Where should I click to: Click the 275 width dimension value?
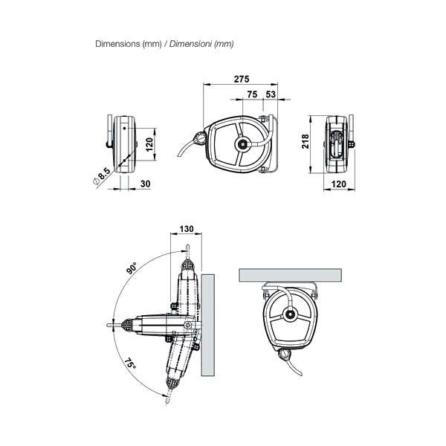pyautogui.click(x=242, y=79)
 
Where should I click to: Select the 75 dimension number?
pyautogui.click(x=252, y=94)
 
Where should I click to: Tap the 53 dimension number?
pyautogui.click(x=271, y=94)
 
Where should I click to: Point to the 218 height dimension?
pyautogui.click(x=305, y=141)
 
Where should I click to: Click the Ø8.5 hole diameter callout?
pyautogui.click(x=102, y=176)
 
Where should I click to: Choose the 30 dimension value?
pyautogui.click(x=146, y=184)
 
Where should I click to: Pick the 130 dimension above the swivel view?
pyautogui.click(x=187, y=229)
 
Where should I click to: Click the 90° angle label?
pyautogui.click(x=132, y=268)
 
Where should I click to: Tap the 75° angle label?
pyautogui.click(x=129, y=363)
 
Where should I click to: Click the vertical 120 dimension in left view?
pyautogui.click(x=149, y=144)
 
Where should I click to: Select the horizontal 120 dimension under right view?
pyautogui.click(x=338, y=184)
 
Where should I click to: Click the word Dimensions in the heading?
pyautogui.click(x=117, y=44)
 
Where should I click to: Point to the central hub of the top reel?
pyautogui.click(x=242, y=144)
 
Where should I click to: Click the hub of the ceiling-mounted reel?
pyautogui.click(x=290, y=314)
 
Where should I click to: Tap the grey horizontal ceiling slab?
pyautogui.click(x=291, y=275)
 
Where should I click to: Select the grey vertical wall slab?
pyautogui.click(x=208, y=325)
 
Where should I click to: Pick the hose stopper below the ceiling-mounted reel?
pyautogui.click(x=285, y=354)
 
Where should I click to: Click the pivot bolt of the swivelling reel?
pyautogui.click(x=187, y=325)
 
